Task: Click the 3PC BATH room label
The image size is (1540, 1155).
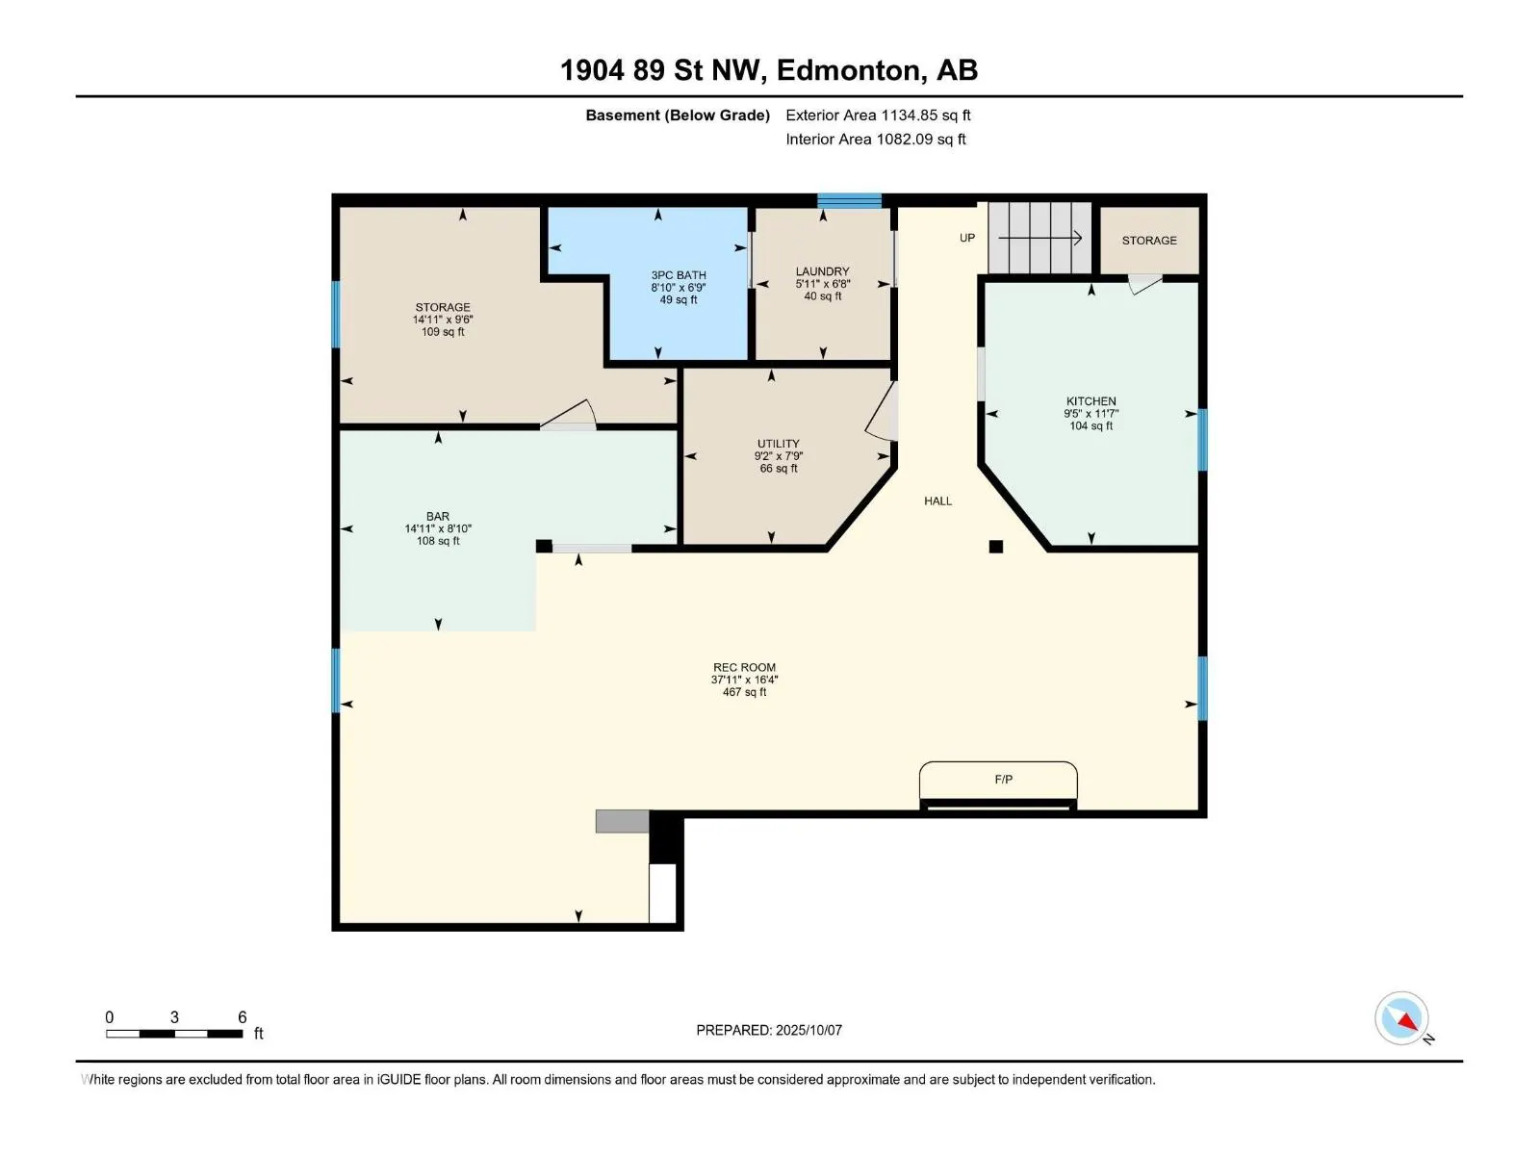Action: point(678,275)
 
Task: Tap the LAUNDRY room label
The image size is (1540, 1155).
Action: point(822,271)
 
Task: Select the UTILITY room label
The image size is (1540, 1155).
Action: point(778,443)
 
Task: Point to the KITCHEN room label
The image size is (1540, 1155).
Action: point(1091,401)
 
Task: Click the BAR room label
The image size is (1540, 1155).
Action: point(438,516)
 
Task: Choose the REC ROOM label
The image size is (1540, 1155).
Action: point(744,668)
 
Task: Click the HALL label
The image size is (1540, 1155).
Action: point(938,500)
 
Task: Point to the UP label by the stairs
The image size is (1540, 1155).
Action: point(966,238)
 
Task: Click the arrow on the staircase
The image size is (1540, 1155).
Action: point(1039,238)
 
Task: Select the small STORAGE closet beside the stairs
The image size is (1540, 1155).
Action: point(1149,240)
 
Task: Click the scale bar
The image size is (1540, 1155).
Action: point(174,1034)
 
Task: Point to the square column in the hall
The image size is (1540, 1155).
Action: point(995,547)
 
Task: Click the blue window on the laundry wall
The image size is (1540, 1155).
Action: point(849,200)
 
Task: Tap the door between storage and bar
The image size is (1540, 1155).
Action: point(569,415)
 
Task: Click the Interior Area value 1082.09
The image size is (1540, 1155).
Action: point(905,139)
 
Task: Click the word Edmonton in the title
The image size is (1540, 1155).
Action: point(849,70)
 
